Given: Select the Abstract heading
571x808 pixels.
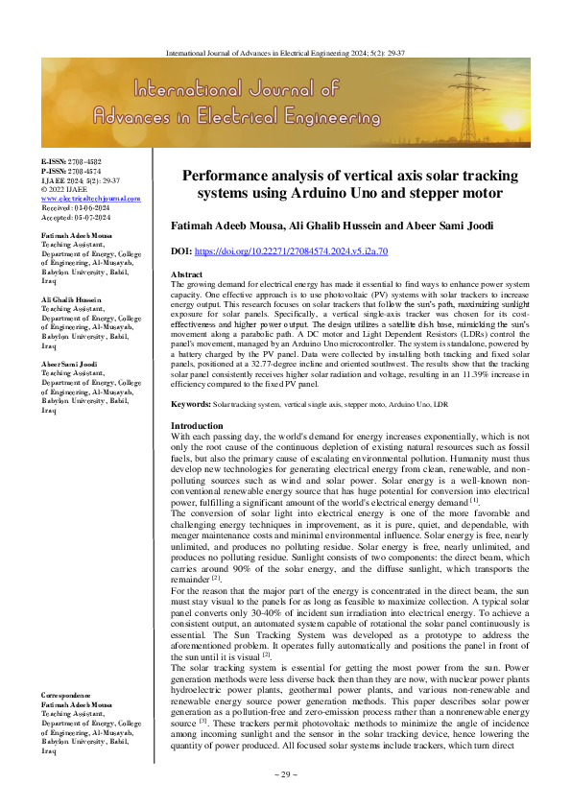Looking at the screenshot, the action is coord(185,274).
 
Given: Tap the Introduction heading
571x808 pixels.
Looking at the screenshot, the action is coord(197,452).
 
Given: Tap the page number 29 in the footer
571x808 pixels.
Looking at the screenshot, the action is coord(286,773).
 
